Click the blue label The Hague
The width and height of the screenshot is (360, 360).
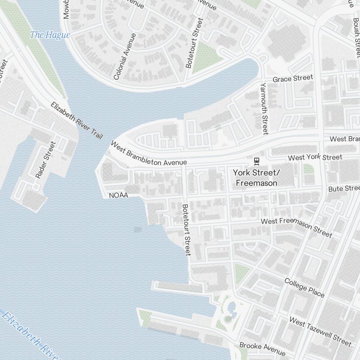tap(50, 35)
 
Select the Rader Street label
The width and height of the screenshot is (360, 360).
tap(46, 160)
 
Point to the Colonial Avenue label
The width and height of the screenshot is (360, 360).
tap(125, 57)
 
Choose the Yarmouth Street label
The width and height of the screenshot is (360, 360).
tap(265, 108)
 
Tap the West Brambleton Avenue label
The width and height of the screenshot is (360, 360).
tap(149, 154)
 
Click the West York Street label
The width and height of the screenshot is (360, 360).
tap(315, 157)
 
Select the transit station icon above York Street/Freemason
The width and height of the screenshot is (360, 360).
tap(257, 160)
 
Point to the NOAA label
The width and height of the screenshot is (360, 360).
tap(118, 195)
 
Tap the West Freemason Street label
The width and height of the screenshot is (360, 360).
tap(296, 227)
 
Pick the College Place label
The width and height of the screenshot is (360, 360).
tap(304, 287)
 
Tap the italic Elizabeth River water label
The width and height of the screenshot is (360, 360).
tap(31, 336)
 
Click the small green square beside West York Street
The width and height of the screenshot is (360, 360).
tap(307, 168)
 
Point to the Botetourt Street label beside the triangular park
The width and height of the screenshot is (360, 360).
tap(194, 43)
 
